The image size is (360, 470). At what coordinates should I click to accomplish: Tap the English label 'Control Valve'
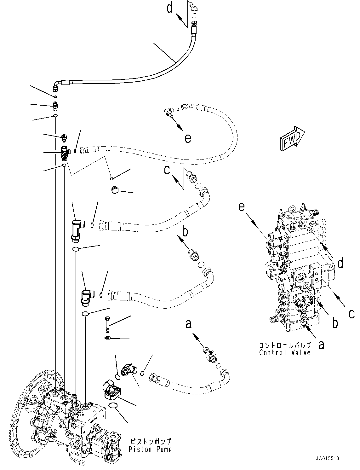point(285,352)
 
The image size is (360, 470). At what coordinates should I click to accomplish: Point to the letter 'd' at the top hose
point(170,8)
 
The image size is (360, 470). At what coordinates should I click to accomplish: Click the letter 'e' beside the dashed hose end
point(188,138)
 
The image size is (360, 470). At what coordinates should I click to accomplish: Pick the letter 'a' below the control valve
point(321,345)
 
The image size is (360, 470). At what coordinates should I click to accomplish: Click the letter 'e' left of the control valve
point(242,207)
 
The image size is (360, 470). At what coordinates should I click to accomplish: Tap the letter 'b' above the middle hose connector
point(185,232)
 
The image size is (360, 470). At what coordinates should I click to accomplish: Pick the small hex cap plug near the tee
point(115,190)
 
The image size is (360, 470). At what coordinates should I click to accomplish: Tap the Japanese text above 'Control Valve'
point(285,345)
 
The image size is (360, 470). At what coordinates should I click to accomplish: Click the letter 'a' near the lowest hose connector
point(188,324)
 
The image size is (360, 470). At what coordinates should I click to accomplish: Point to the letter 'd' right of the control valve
point(340,263)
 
